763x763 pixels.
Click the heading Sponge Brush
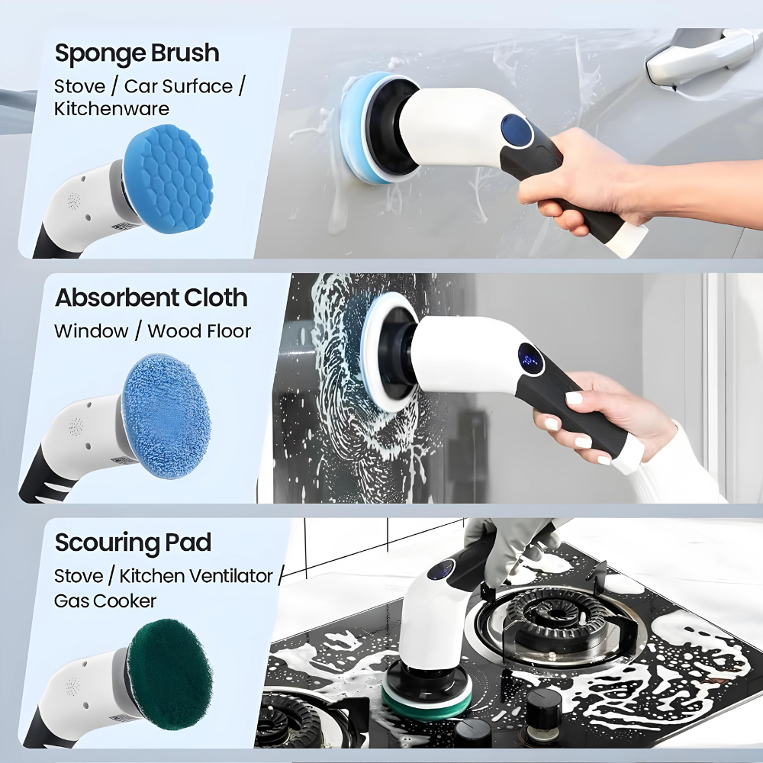tap(137, 53)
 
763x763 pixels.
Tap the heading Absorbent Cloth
tap(151, 298)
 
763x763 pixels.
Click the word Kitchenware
tap(111, 108)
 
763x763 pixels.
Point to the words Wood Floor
tap(199, 331)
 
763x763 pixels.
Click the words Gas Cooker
tap(105, 601)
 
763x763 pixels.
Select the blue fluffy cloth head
tap(166, 416)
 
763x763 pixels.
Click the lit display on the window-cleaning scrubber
tap(531, 360)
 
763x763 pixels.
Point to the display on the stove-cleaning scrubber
tap(441, 570)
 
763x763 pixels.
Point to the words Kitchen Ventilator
tap(195, 576)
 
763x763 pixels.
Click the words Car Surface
tap(178, 86)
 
